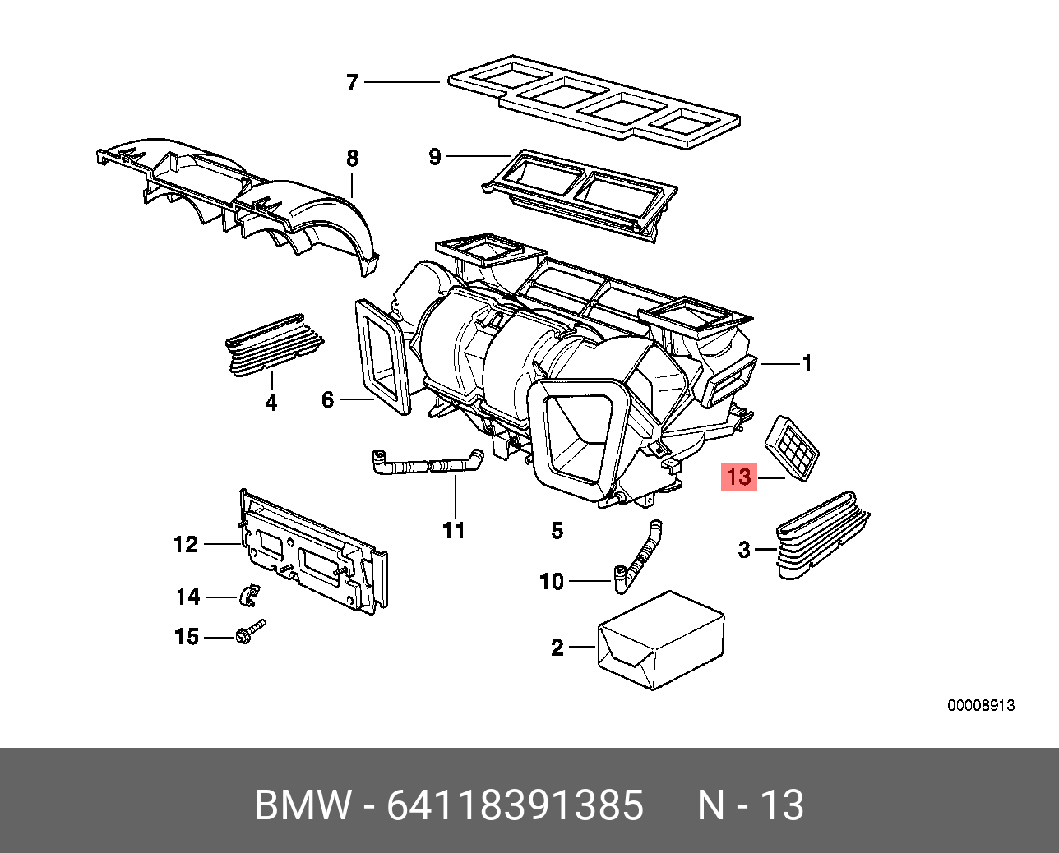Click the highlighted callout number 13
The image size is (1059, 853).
(738, 477)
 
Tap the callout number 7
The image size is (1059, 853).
(353, 82)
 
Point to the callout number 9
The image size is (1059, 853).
(435, 156)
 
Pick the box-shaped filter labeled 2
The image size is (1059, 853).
(661, 639)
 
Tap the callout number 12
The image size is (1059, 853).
(186, 544)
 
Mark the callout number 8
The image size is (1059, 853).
(352, 158)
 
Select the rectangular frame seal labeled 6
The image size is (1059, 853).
(382, 357)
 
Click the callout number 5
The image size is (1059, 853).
(557, 530)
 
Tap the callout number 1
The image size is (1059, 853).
(807, 362)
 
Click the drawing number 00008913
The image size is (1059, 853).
(981, 705)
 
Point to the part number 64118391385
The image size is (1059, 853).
(515, 805)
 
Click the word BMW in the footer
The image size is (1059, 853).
(303, 805)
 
